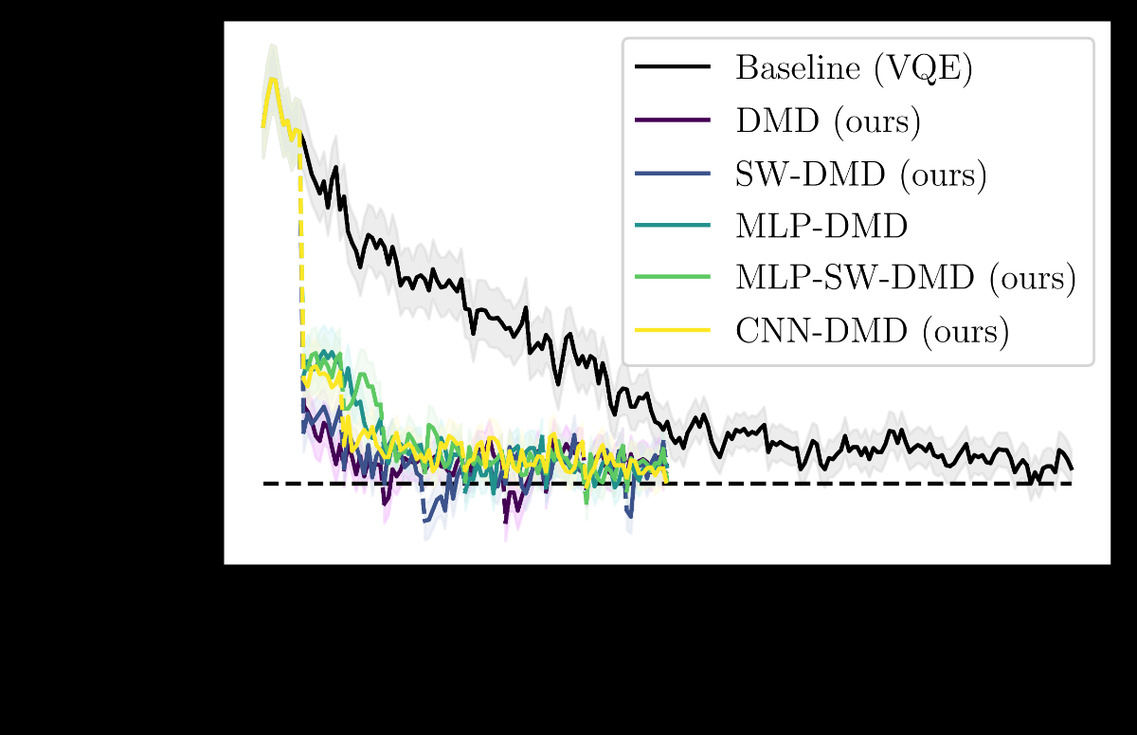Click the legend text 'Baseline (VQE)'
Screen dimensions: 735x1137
pos(854,68)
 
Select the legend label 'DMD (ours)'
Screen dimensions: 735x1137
pos(828,120)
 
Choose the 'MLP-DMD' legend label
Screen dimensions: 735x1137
pos(821,226)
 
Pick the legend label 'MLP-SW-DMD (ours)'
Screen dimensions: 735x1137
pos(906,278)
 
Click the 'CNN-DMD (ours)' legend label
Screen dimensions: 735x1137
pos(872,330)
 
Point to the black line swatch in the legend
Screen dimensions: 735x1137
pos(673,67)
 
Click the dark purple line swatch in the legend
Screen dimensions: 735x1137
pos(673,119)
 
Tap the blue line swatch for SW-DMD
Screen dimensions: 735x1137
pos(673,173)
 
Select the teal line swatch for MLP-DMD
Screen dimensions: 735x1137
pos(673,225)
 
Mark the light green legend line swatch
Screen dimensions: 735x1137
pos(673,277)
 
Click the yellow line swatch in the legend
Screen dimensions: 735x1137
pos(673,329)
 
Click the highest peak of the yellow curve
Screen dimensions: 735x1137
pos(272,79)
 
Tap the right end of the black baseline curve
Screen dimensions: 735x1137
pos(1072,469)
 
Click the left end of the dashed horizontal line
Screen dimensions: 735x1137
pos(264,484)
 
